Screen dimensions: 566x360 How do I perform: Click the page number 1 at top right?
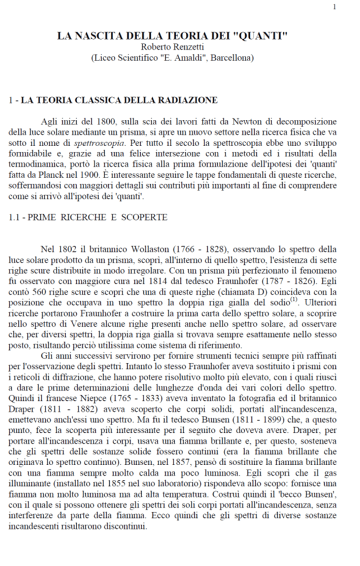pos(335,7)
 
